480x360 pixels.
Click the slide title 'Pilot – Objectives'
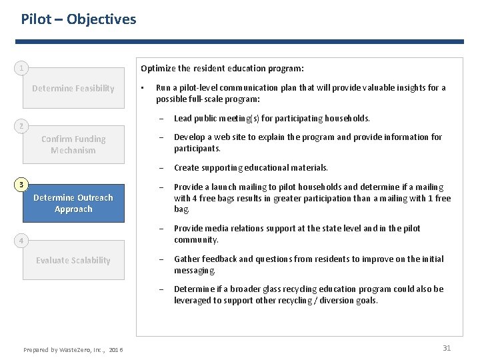point(79,19)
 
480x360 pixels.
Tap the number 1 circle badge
point(22,68)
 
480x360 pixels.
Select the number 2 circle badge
point(22,125)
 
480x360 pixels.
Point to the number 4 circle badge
point(22,240)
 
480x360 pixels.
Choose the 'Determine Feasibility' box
point(73,88)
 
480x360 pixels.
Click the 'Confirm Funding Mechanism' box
point(73,145)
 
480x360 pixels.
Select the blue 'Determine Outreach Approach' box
point(73,203)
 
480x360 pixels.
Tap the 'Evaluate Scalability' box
point(73,260)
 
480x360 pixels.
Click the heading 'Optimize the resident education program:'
point(222,68)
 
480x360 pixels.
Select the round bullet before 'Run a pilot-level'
point(142,87)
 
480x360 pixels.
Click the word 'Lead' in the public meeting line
point(183,118)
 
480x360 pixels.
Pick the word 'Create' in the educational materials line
point(187,168)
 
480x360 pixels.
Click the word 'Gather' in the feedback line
point(187,259)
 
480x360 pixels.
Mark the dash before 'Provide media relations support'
point(161,229)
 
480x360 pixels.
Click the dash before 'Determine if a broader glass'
point(161,289)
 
